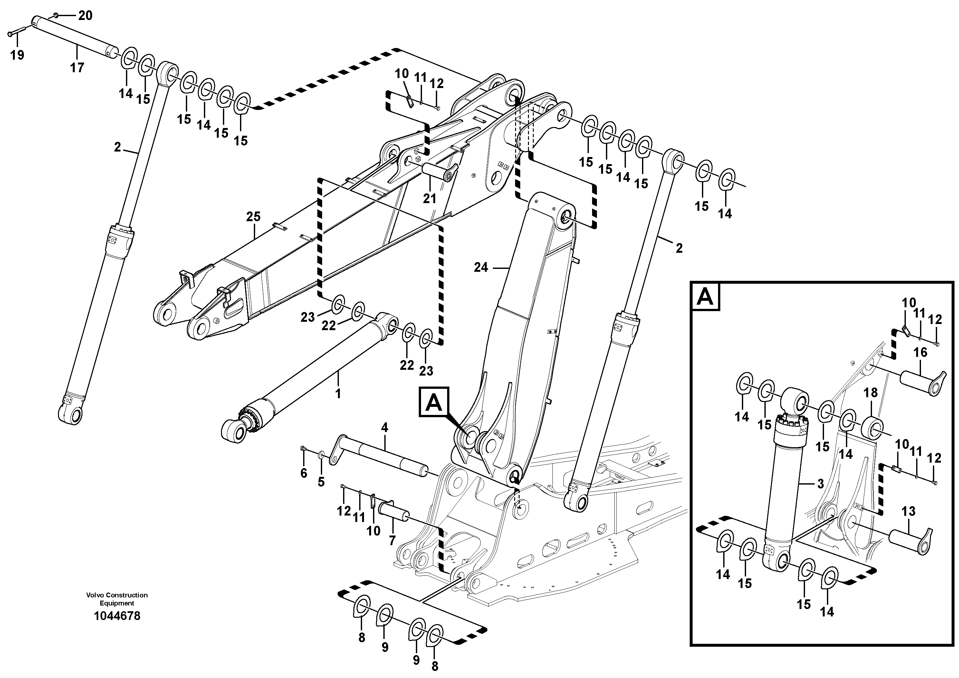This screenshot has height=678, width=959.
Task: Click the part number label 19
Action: click(x=17, y=55)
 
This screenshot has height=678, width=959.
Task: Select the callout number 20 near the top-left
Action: click(x=85, y=16)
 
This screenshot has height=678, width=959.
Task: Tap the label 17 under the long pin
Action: click(x=77, y=67)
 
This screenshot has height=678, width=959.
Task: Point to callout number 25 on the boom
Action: click(x=253, y=217)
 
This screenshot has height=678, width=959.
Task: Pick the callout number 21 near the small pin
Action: click(x=429, y=199)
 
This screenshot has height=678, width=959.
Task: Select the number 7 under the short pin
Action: click(x=392, y=540)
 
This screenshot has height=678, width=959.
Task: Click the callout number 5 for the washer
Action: click(x=321, y=482)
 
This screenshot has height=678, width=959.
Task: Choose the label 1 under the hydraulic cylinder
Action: click(x=338, y=393)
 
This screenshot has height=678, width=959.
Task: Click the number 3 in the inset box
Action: click(x=820, y=484)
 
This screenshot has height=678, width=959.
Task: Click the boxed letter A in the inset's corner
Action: click(x=706, y=297)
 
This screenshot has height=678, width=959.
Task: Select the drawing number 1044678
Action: click(x=117, y=616)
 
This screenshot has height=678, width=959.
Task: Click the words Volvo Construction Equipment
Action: click(x=117, y=599)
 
